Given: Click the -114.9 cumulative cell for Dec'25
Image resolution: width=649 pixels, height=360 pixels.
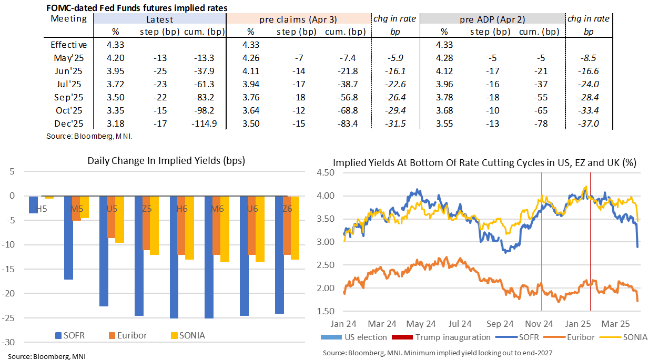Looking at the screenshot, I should tap(206, 124).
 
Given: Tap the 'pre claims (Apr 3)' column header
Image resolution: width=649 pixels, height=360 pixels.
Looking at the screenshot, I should tap(298, 19).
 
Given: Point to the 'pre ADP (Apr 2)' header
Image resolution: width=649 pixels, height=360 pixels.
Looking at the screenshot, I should tap(493, 19).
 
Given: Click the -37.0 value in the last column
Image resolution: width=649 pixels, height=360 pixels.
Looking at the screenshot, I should tap(588, 124).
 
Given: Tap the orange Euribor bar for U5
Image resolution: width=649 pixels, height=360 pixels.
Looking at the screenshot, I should tap(110, 217).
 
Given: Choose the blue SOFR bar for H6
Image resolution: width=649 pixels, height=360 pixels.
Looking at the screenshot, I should tap(174, 257).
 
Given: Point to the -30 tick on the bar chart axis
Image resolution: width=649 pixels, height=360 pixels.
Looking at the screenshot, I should tap(11, 342).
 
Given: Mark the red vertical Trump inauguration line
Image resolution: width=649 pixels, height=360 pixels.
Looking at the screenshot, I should tap(590, 242).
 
